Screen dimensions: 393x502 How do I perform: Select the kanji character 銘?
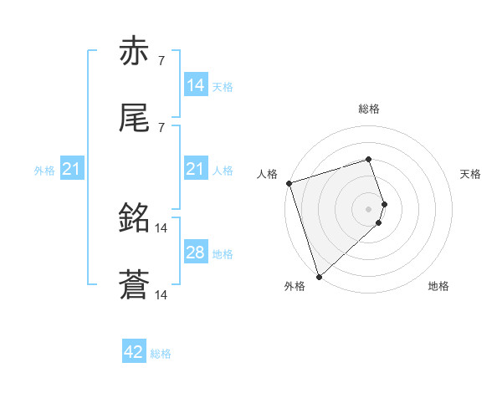(134, 219)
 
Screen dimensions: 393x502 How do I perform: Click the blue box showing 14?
(196, 85)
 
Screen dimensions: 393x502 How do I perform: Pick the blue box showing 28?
(196, 253)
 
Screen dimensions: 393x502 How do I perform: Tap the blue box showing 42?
(134, 352)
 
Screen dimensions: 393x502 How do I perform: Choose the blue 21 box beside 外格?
(72, 169)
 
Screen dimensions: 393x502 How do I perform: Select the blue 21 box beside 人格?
(196, 169)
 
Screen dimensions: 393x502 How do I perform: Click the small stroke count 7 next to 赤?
(161, 61)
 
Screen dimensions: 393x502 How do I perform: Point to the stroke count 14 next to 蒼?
(162, 295)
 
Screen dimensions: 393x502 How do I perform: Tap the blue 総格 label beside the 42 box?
(161, 354)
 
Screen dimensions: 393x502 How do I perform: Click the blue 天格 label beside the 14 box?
(223, 87)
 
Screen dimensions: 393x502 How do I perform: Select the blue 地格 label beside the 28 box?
(223, 254)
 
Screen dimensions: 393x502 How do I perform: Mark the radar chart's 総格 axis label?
(369, 109)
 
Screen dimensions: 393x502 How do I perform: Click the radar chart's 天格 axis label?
(470, 174)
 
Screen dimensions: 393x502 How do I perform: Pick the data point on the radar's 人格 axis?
(289, 182)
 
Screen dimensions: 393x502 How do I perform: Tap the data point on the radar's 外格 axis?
(319, 276)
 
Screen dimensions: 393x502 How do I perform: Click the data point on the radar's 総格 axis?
(369, 159)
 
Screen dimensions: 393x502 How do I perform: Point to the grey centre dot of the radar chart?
(369, 208)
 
